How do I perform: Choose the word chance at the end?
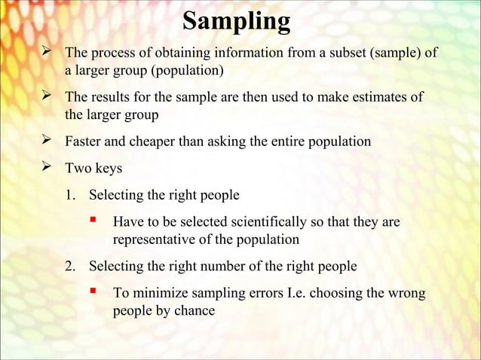coord(195,310)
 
